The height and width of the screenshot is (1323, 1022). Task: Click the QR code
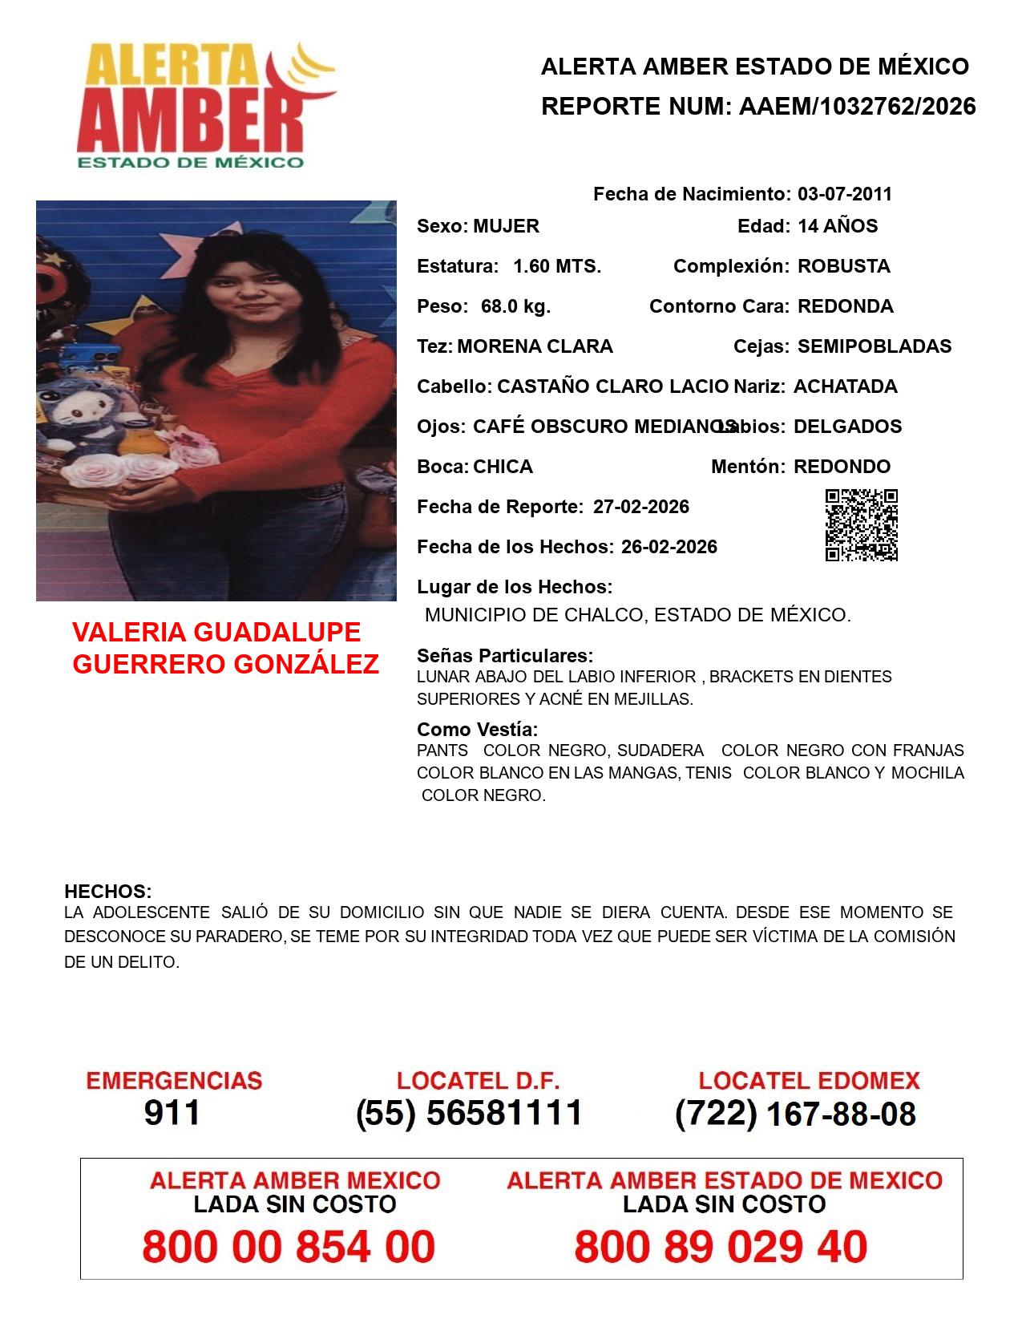point(862,525)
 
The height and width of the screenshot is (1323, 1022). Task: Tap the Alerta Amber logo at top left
point(204,105)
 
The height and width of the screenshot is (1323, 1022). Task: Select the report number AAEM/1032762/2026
point(857,106)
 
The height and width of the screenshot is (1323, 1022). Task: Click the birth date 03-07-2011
point(844,194)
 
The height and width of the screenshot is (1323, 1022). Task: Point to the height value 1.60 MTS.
point(557,266)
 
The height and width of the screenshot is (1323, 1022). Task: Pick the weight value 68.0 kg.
point(515,306)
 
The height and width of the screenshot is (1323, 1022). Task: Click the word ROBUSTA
point(843,266)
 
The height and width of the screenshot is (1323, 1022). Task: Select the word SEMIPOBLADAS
point(875,346)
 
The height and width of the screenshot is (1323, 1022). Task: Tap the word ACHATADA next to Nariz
point(845,386)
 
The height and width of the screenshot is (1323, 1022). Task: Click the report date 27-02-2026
point(640,507)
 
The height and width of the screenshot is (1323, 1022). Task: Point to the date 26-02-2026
point(669,547)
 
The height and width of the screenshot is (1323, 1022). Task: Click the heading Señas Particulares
point(504,655)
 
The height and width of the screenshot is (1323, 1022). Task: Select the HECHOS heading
point(107,891)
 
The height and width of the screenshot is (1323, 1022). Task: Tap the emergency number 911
point(172,1113)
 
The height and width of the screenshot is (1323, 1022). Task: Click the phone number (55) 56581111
point(469,1113)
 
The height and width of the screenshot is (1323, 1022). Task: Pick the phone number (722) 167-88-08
point(795,1114)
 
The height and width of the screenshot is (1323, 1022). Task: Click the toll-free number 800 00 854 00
point(289,1247)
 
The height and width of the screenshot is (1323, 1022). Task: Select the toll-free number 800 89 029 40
point(721,1247)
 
